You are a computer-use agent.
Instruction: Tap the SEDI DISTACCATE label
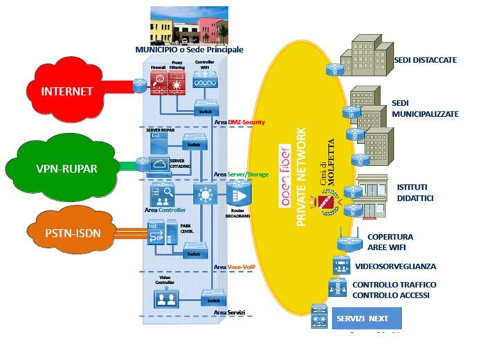pos(425,60)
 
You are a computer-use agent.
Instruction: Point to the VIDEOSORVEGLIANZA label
pos(395,266)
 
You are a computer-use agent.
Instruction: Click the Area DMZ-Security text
pos(239,123)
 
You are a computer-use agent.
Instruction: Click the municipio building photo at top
pos(189,26)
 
